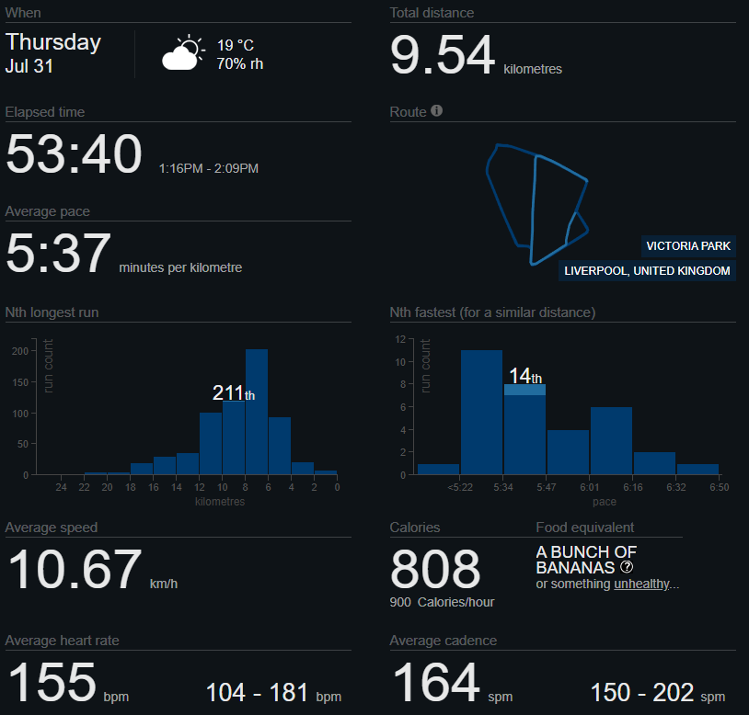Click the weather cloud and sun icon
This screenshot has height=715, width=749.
pos(182,54)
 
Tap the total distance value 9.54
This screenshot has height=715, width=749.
pos(443,55)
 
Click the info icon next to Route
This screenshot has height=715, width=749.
pos(437,110)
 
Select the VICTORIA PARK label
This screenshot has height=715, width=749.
pos(688,245)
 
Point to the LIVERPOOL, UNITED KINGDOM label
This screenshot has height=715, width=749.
pos(648,271)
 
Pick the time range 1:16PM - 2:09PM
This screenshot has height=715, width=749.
pos(209,168)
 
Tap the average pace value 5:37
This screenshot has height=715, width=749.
pos(58,253)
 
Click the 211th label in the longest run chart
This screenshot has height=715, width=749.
pos(234,393)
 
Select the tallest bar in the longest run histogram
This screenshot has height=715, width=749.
pos(257,412)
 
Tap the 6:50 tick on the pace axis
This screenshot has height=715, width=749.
pos(719,487)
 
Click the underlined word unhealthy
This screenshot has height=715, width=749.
pos(642,584)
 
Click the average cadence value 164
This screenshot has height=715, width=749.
pos(436,683)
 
